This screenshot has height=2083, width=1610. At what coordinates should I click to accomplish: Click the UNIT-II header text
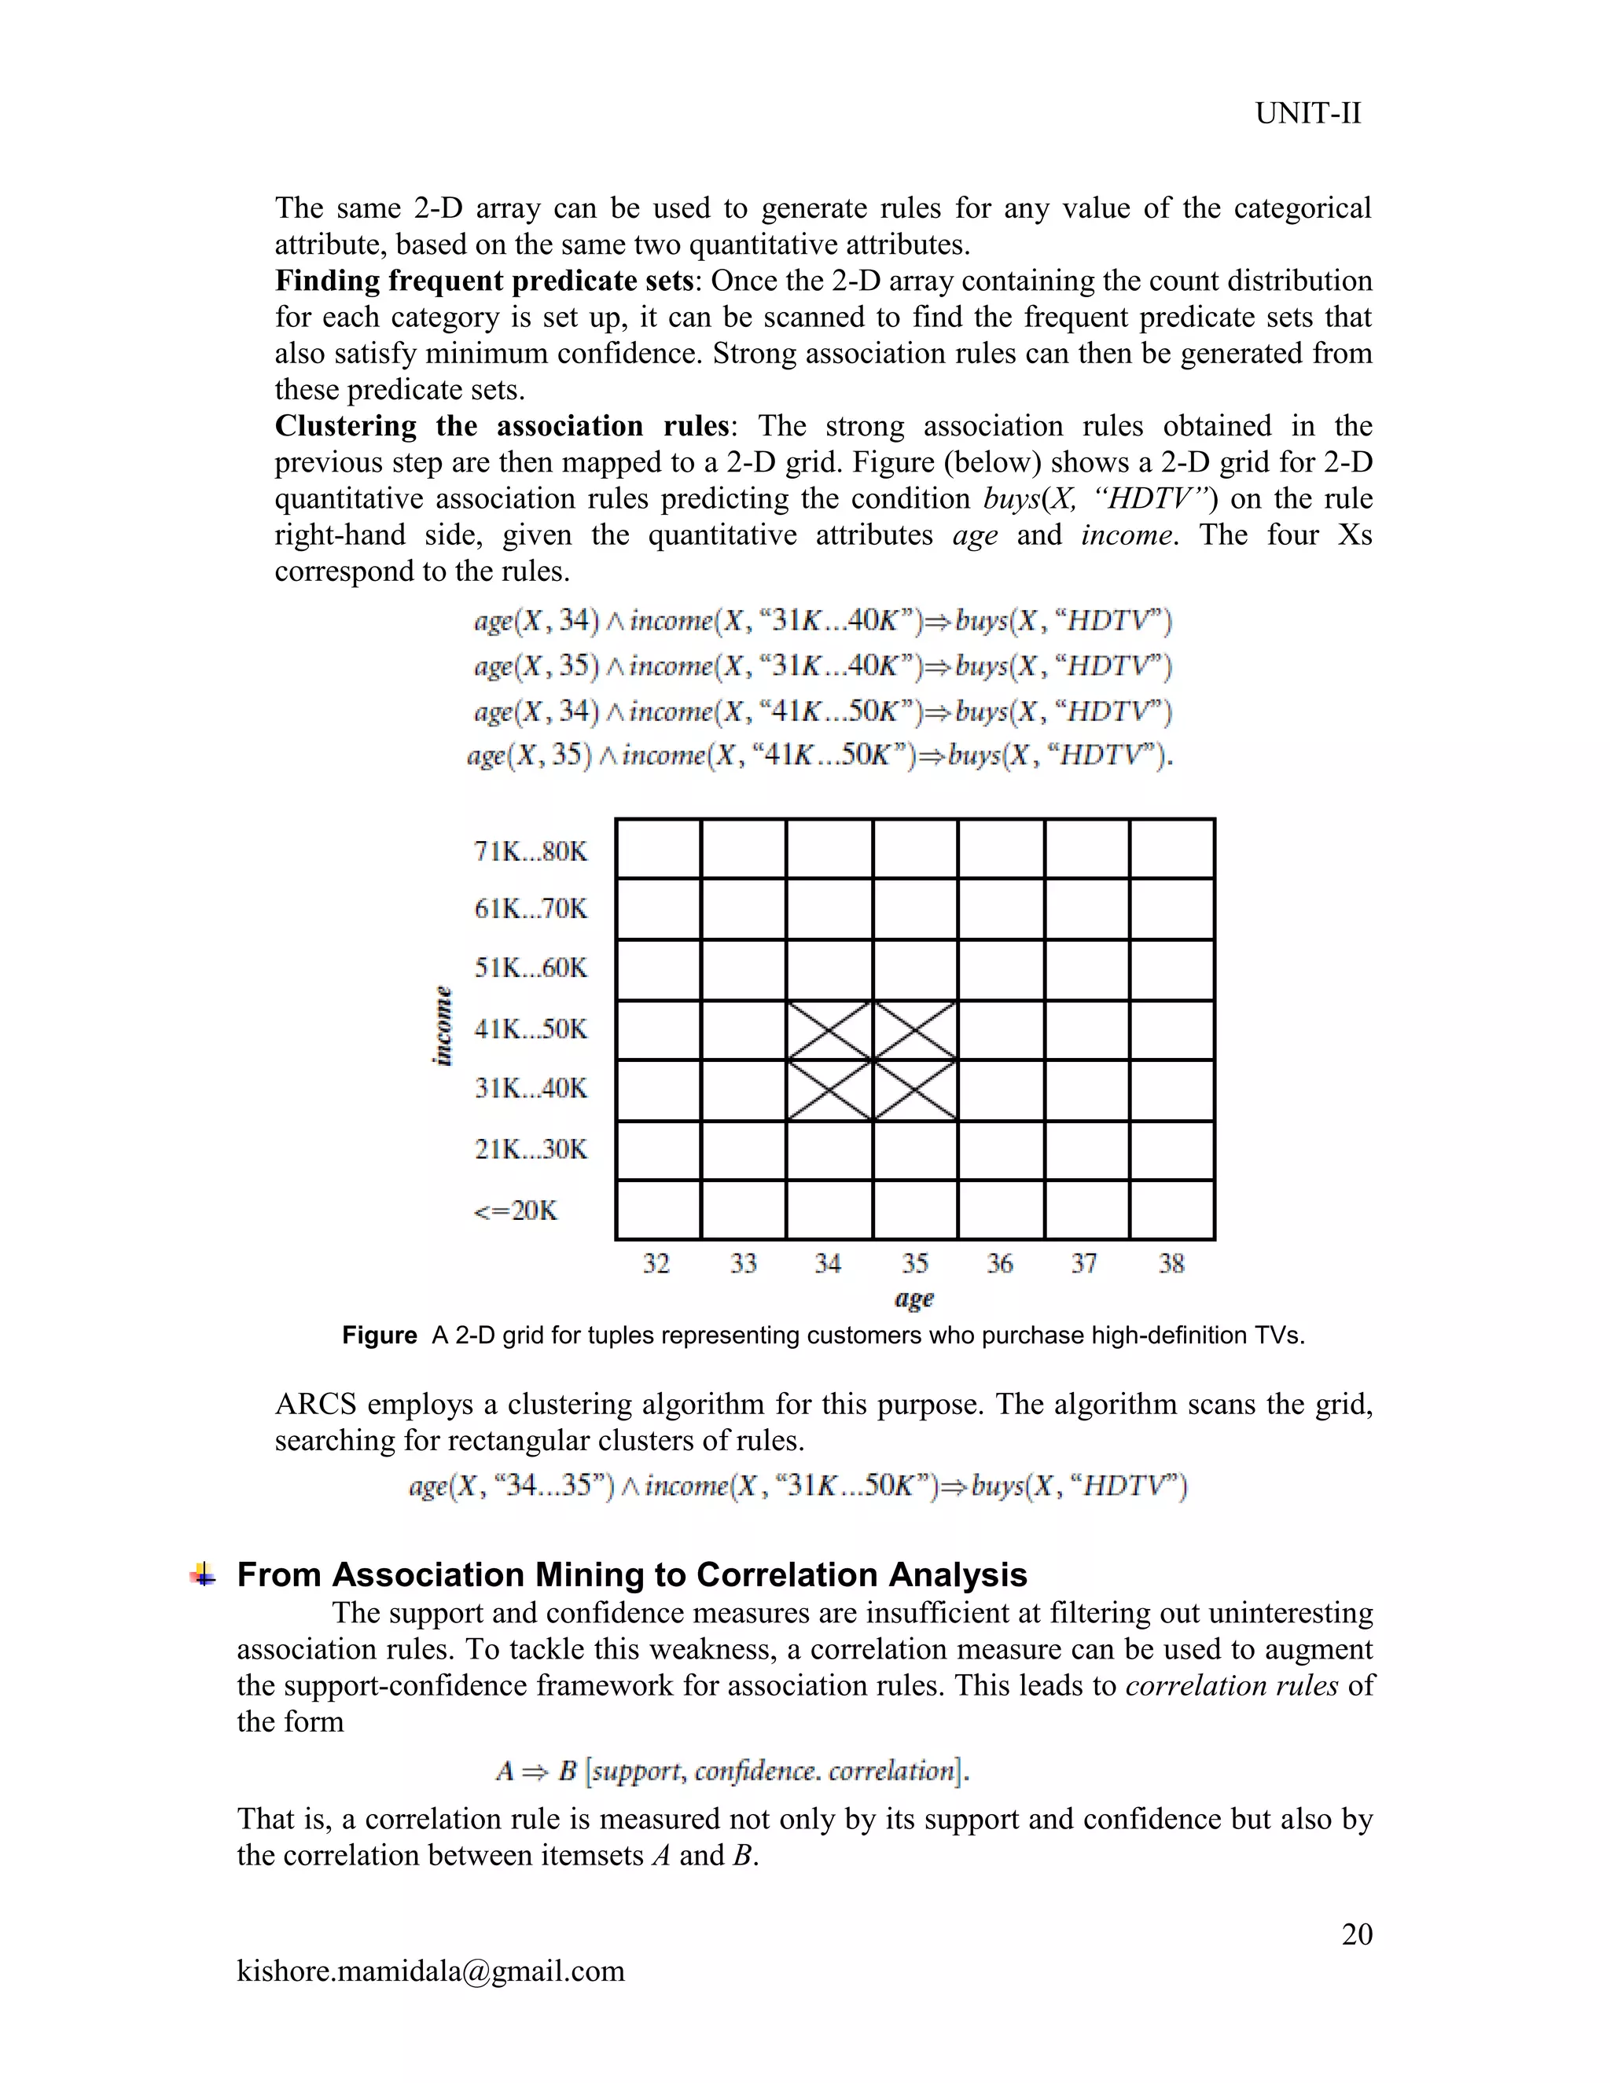point(1307,113)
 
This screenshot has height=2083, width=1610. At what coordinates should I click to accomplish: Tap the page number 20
point(1356,1934)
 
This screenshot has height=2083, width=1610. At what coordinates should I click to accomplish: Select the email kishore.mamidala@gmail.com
point(430,1971)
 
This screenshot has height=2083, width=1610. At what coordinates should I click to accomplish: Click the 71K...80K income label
point(531,850)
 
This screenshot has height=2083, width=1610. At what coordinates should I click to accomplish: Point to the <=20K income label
point(515,1210)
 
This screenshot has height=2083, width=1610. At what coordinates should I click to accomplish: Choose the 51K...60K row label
point(531,968)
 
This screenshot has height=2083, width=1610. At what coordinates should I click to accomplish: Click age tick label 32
point(656,1264)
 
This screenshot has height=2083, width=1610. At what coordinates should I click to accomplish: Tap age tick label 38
point(1171,1264)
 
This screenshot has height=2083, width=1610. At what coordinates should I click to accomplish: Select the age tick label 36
point(1000,1264)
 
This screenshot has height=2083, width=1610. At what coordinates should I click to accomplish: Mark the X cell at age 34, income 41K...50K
point(829,1030)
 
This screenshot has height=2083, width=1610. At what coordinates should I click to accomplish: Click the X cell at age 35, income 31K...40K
point(915,1090)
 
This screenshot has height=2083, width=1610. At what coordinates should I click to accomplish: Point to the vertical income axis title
point(443,1025)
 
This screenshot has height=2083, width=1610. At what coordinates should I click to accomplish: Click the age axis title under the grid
point(913,1298)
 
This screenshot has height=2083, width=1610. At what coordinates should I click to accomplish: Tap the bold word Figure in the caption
point(379,1335)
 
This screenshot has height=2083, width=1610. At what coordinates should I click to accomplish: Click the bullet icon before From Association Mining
point(202,1574)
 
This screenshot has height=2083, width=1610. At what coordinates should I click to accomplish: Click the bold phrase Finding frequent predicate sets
point(483,281)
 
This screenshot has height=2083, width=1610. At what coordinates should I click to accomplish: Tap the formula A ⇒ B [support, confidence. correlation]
point(733,1771)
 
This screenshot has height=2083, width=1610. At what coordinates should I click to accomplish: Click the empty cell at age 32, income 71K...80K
point(658,849)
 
